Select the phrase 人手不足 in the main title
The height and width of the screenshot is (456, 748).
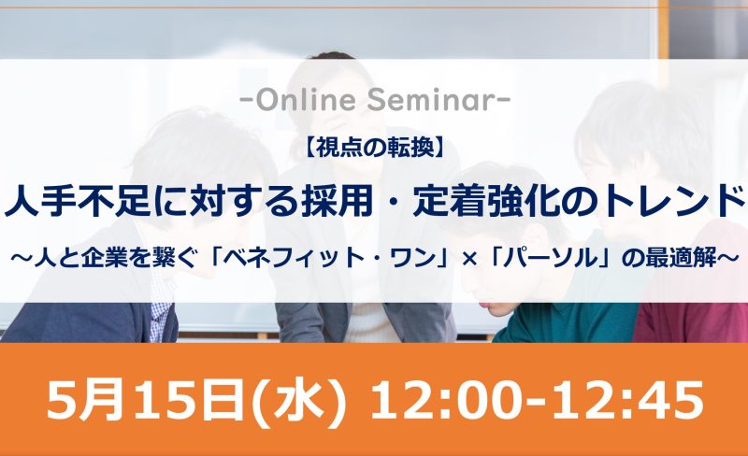[x=75, y=200]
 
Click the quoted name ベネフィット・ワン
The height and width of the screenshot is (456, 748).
[x=337, y=258]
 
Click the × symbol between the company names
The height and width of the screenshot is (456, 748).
[x=471, y=259]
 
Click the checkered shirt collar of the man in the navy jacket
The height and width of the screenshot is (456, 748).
[x=161, y=301]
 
